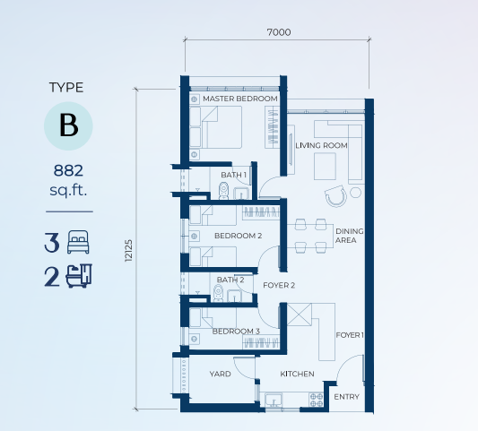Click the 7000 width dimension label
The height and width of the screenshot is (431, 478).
coord(279,32)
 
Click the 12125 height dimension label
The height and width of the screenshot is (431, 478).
coord(128,250)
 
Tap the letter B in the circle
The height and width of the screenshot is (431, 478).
coord(68,125)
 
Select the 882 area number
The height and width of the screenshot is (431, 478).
coord(68,170)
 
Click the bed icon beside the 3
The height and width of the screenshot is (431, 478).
coord(78,242)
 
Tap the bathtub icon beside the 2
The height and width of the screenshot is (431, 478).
coord(79,276)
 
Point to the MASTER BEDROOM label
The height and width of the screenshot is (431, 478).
coord(240,99)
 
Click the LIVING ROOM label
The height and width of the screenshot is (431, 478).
coord(321,145)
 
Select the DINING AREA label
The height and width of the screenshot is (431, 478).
coord(350,236)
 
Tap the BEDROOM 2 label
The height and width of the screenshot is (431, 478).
coord(238,236)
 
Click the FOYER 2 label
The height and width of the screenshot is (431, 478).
coord(279,286)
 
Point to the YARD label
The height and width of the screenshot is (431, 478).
coord(220,374)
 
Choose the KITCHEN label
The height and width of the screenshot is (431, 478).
coord(297,374)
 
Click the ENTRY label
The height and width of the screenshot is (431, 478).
coord(346,397)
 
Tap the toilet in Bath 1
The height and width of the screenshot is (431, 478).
coord(224,191)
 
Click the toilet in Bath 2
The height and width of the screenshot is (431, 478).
coord(218,293)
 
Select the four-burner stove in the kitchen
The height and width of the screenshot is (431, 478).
coord(317,400)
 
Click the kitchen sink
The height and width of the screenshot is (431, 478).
coord(274,400)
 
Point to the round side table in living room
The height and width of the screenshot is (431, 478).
coord(355,193)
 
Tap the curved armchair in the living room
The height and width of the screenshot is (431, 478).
coord(336,196)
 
